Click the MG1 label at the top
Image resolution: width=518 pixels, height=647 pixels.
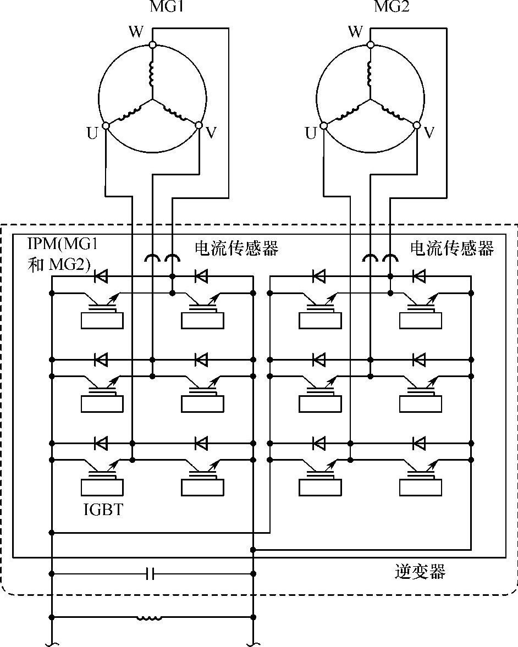pos(166,6)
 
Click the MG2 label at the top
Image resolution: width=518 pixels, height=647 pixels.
pos(392,6)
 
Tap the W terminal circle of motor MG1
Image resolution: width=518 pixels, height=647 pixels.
pos(152,45)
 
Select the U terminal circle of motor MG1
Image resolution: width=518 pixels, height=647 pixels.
pos(106,125)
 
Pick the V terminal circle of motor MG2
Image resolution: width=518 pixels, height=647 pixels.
pos(416,125)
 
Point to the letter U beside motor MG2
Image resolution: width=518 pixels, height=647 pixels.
pos(311,133)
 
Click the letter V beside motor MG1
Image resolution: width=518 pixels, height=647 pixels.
pos(211,132)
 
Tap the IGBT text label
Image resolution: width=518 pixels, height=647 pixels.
pos(103,510)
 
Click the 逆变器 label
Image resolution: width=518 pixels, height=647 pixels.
pos(420,572)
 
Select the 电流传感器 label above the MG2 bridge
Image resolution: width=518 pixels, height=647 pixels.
pos(452,248)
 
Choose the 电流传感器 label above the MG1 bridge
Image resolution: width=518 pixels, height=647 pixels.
pos(236,248)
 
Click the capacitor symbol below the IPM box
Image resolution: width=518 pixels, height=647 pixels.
pos(151,573)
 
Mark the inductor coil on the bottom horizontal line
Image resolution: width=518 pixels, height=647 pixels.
pos(150,617)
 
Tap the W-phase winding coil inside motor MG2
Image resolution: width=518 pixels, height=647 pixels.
pos(370,74)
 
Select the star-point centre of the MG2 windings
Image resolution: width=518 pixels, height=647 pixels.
pos(370,99)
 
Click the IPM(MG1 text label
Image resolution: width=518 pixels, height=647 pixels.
pos(63,244)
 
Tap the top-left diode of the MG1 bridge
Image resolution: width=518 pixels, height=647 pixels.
pos(101,277)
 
